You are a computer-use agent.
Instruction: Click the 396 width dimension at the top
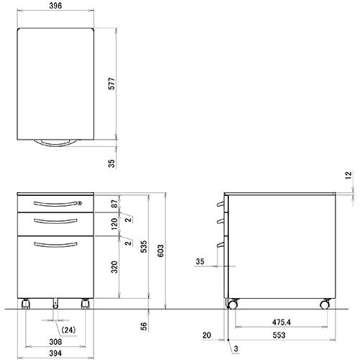tap(55, 6)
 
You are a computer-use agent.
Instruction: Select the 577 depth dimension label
tap(112, 84)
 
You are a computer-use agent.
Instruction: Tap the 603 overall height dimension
tap(161, 251)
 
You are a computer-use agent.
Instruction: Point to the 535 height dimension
tap(143, 247)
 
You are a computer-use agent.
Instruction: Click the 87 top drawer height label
tap(115, 204)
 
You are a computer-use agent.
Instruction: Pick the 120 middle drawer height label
tap(114, 223)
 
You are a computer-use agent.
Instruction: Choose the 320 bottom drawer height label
tap(114, 267)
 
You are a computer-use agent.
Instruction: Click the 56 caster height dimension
tap(143, 326)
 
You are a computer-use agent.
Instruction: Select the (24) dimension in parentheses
tap(68, 330)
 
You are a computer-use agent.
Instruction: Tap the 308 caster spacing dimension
tap(55, 342)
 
